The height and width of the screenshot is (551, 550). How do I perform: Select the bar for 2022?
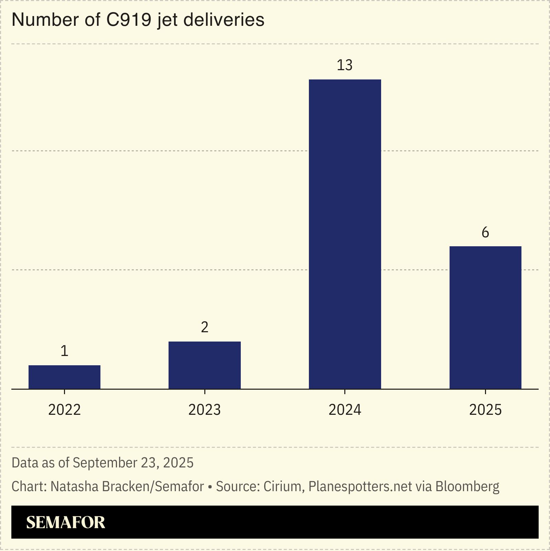point(64,377)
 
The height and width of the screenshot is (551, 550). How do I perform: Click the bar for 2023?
point(204,365)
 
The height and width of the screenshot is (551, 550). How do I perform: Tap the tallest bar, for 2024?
point(345,234)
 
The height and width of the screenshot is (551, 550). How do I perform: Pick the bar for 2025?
point(485,317)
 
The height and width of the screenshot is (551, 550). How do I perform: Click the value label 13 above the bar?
point(345,65)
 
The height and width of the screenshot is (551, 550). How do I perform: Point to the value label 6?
point(485,233)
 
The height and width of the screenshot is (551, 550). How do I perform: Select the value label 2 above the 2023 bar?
point(204,327)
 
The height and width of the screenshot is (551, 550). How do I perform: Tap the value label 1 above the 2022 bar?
point(64,351)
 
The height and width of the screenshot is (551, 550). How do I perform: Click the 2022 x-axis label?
point(64,410)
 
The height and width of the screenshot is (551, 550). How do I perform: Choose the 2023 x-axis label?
point(204,410)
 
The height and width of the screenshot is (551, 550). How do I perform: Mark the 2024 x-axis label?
point(345,410)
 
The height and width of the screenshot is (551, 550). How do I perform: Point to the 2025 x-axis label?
point(485,410)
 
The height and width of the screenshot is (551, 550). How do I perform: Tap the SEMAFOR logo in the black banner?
point(65,522)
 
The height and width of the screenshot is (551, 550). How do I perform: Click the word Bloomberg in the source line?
point(467,487)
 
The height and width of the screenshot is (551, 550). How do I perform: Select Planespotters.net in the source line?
point(360,487)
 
